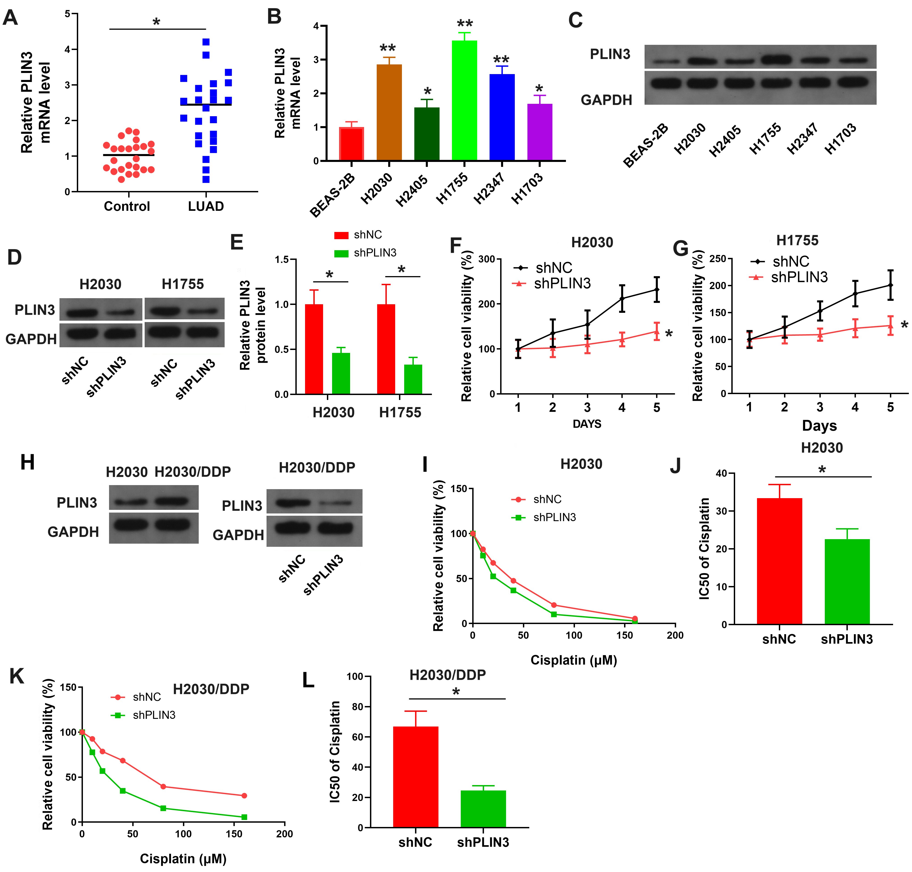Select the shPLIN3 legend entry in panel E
[x=374, y=253]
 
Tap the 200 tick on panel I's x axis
[x=675, y=635]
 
